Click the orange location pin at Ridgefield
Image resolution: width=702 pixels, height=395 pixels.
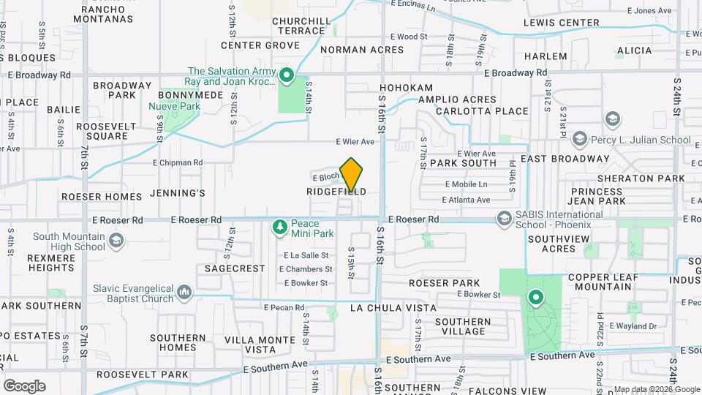pyautogui.click(x=352, y=174)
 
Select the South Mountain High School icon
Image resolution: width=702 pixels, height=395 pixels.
pyautogui.click(x=116, y=241)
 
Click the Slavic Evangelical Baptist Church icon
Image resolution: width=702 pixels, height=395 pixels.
pyautogui.click(x=184, y=294)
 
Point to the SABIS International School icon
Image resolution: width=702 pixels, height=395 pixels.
pyautogui.click(x=504, y=219)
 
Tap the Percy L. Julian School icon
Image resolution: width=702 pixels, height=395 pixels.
pyautogui.click(x=580, y=139)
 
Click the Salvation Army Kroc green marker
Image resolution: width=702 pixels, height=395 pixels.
pyautogui.click(x=287, y=75)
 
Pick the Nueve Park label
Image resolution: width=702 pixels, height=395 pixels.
pyautogui.click(x=174, y=107)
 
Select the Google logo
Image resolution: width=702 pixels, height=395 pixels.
pyautogui.click(x=23, y=386)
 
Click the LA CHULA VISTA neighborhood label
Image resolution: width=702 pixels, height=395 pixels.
pyautogui.click(x=393, y=308)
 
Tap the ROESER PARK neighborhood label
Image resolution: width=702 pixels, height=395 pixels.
pyautogui.click(x=444, y=283)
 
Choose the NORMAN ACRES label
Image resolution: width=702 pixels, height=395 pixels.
pyautogui.click(x=361, y=50)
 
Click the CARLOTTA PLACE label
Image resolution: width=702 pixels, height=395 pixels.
pyautogui.click(x=482, y=111)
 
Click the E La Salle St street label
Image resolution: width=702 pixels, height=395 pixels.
pyautogui.click(x=306, y=255)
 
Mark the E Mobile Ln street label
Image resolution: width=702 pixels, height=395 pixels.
pyautogui.click(x=465, y=184)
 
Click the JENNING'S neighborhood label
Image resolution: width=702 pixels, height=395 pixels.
pyautogui.click(x=177, y=194)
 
